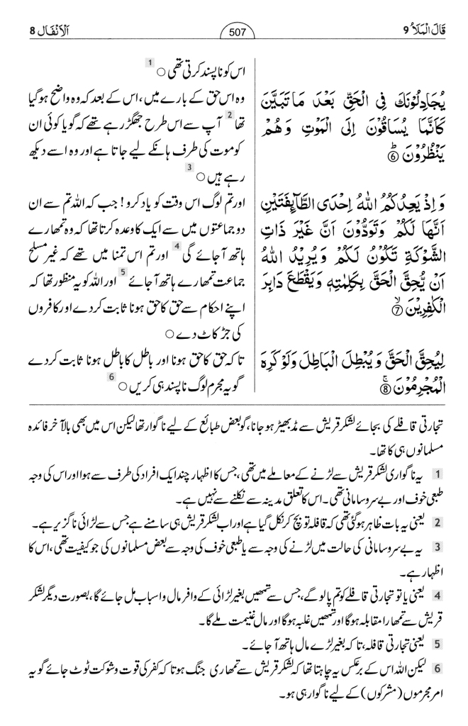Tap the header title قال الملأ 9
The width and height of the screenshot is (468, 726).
421,30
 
